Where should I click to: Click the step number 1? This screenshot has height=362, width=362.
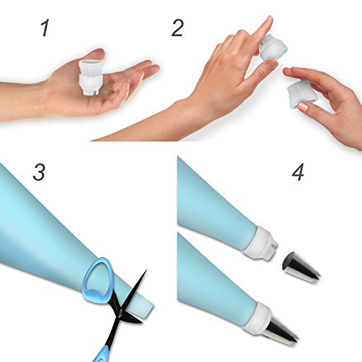45,28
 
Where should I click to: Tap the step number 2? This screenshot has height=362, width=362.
177,28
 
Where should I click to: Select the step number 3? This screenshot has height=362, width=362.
39,172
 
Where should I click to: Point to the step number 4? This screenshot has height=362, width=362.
298,172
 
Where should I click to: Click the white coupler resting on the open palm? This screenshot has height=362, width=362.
91,77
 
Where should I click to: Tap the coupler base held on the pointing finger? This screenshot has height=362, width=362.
273,47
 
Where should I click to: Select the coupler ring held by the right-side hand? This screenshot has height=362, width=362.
302,93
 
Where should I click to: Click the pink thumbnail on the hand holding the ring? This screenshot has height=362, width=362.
303,106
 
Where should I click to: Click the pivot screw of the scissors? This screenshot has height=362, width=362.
120,313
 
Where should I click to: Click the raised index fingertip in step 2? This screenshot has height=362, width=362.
269,20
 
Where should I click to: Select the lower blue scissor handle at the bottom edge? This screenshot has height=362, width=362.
101,353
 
